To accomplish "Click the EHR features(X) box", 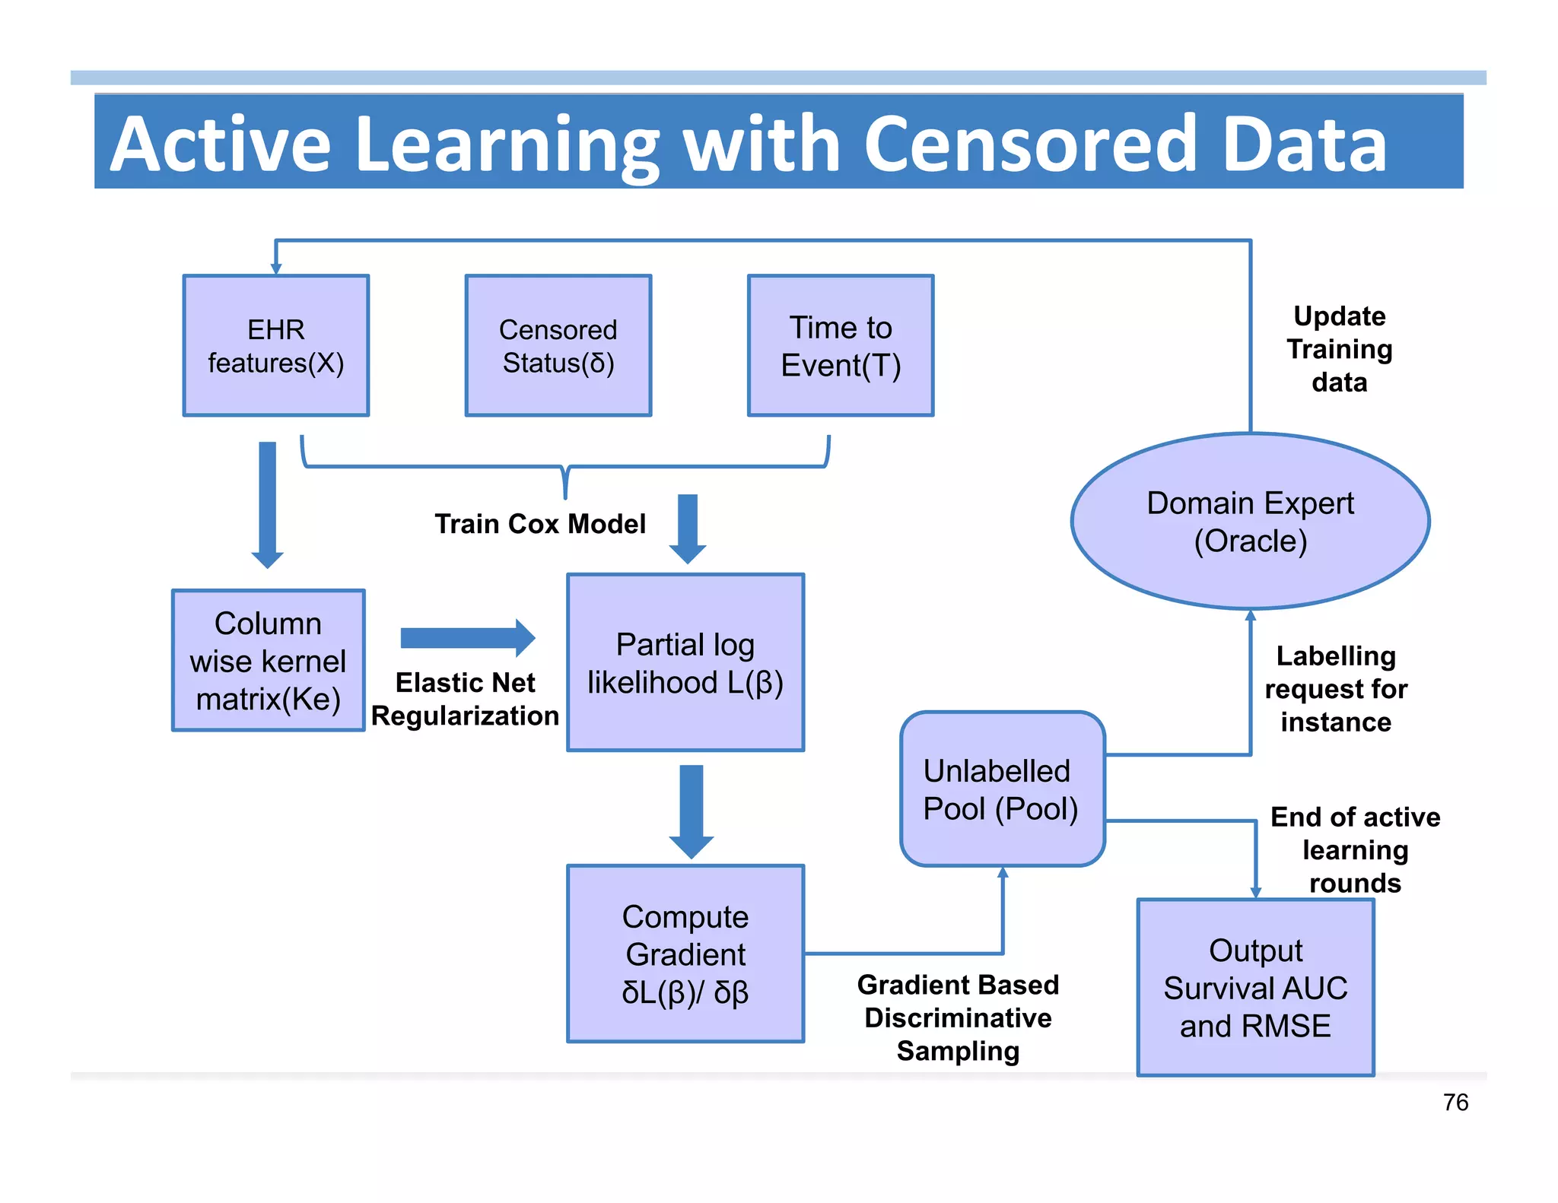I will click(x=275, y=346).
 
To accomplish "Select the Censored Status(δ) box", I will click(x=558, y=346).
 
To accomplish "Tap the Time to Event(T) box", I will click(x=840, y=346).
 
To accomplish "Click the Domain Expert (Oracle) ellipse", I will click(x=1250, y=522).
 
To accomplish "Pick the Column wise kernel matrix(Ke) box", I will click(x=268, y=660).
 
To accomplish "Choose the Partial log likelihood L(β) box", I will click(x=685, y=662).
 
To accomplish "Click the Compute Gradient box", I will click(x=685, y=954).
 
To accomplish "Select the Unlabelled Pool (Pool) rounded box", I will click(x=1002, y=789).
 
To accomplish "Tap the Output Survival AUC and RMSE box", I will click(x=1255, y=987).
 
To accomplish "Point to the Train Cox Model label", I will click(x=539, y=524).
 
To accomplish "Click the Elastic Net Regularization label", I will click(x=465, y=699).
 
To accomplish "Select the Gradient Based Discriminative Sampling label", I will click(x=958, y=1017).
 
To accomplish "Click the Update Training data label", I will click(x=1339, y=349).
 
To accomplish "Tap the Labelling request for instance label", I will click(x=1335, y=689).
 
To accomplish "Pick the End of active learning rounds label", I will click(x=1355, y=849).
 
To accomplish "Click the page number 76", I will click(x=1455, y=1102).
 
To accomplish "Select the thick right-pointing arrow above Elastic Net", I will click(x=467, y=637).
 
